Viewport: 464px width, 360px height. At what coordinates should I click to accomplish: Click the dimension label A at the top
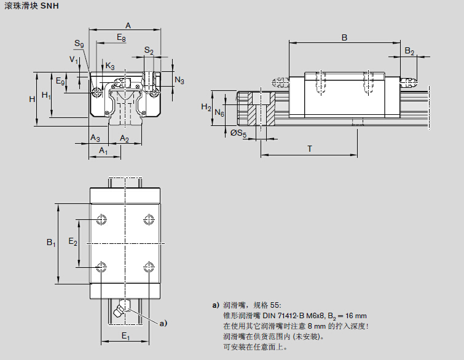[128, 25]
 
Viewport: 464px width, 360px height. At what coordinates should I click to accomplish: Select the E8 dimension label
[121, 39]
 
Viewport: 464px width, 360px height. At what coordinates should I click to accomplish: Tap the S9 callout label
[79, 44]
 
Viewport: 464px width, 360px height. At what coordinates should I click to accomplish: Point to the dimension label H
[32, 99]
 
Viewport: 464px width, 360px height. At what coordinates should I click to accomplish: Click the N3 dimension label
[179, 80]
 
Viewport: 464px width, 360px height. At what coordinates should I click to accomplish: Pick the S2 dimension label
[149, 50]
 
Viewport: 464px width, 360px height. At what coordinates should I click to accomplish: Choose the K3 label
[109, 66]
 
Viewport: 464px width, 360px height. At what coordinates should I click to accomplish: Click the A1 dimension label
[103, 151]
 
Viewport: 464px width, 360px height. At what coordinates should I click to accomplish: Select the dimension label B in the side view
[344, 37]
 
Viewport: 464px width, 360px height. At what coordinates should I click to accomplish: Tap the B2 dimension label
[409, 51]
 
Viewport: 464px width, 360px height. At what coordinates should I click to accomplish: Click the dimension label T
[309, 149]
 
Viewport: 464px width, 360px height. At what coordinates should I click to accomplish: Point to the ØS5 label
[238, 133]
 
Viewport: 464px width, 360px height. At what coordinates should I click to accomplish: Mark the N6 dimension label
[219, 114]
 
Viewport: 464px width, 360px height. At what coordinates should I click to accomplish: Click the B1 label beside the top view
[52, 243]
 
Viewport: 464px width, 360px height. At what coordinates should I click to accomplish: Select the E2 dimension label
[73, 243]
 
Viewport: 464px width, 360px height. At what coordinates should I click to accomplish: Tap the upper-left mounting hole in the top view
[101, 219]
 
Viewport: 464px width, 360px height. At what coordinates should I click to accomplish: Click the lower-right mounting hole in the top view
[148, 267]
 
